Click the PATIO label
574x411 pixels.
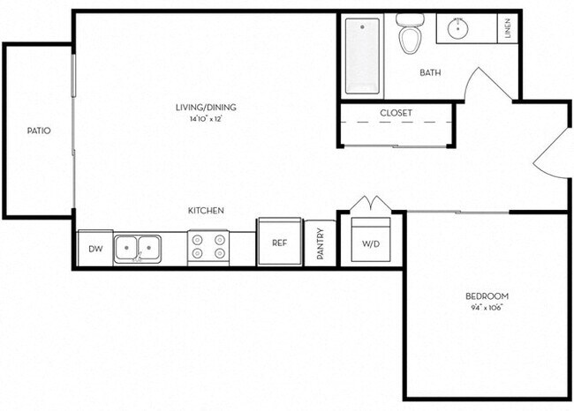click(x=38, y=131)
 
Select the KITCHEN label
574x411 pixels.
click(x=205, y=211)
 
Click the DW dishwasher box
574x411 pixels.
click(x=94, y=249)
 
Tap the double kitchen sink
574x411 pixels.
click(x=137, y=249)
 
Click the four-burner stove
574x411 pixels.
click(x=208, y=248)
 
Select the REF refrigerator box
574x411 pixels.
click(x=279, y=243)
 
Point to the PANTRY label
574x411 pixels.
click(x=321, y=244)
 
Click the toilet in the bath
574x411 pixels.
click(x=409, y=35)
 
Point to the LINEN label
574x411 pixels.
click(x=508, y=30)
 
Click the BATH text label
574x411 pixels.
click(x=430, y=73)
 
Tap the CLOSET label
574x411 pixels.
click(x=396, y=113)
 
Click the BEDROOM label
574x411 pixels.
click(x=487, y=296)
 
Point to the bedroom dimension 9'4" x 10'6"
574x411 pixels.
click(x=487, y=308)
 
